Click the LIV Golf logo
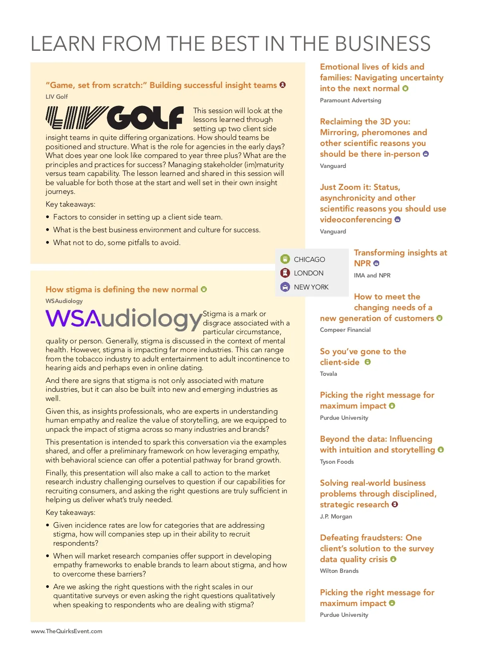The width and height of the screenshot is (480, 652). (114, 118)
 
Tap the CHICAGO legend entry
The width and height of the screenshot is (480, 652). (309, 259)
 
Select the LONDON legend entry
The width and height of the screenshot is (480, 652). (308, 273)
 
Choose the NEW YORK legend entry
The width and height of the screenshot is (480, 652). (311, 287)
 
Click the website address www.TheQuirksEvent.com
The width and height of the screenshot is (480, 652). (66, 631)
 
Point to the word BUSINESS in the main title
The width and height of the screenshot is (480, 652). (382, 44)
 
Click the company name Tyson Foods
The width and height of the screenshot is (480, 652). (337, 462)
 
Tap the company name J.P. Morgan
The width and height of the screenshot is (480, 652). (336, 516)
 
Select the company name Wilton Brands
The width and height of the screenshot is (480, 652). (339, 571)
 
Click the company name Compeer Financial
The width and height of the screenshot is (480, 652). (345, 330)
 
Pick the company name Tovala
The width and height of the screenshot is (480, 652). (328, 374)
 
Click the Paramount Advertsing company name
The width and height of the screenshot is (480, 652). (350, 100)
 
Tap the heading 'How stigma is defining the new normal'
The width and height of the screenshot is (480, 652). (122, 289)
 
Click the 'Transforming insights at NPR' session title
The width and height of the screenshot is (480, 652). (400, 258)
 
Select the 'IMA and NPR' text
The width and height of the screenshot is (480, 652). (372, 275)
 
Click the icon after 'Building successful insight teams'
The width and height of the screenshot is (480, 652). (283, 85)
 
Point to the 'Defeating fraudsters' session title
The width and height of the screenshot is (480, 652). (376, 548)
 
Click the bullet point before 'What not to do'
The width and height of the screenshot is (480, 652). (48, 243)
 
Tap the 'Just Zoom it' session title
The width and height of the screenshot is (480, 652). (382, 203)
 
